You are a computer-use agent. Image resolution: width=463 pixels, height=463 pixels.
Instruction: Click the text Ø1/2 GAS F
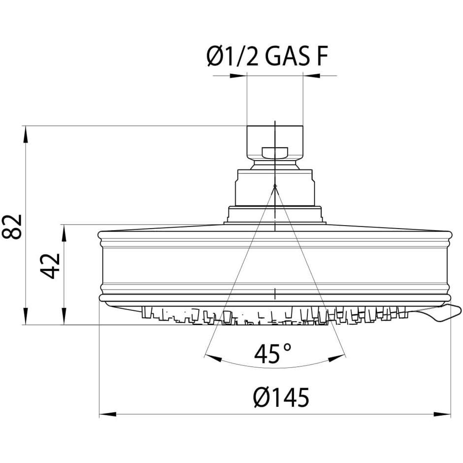coord(266,57)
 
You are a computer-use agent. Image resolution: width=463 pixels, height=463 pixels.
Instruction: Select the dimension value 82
coord(12,226)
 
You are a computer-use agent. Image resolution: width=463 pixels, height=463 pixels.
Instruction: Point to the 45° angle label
coord(273,354)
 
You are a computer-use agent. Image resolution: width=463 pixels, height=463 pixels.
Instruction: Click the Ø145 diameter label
coord(281,397)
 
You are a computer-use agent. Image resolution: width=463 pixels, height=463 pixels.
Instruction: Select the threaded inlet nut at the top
coord(274,143)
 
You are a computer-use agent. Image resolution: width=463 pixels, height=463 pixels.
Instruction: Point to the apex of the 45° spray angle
coord(275,185)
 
